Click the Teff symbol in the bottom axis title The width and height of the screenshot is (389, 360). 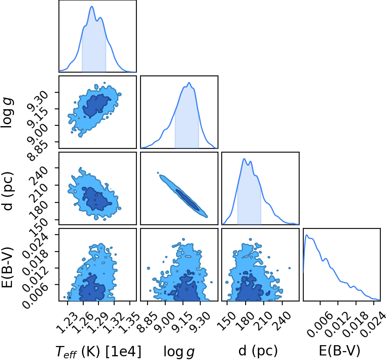66,352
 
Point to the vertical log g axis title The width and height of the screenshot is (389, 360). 7,113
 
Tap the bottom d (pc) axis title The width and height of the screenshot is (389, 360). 258,351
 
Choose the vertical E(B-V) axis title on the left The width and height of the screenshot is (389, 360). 7,267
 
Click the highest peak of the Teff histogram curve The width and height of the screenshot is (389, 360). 92,7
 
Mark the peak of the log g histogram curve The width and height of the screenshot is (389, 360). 189,82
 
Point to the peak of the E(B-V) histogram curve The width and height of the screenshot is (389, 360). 307,235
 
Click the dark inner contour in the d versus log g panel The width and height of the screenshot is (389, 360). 187,200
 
